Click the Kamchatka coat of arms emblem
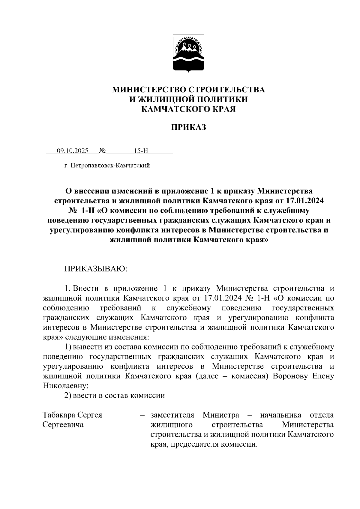(x=188, y=53)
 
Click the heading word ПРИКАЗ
(x=189, y=127)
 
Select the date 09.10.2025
(x=73, y=151)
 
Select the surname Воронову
(x=290, y=376)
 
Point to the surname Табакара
(x=59, y=415)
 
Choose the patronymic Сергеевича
(x=63, y=425)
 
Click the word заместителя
(x=172, y=415)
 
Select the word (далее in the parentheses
(x=207, y=376)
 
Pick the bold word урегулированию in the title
(x=81, y=230)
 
